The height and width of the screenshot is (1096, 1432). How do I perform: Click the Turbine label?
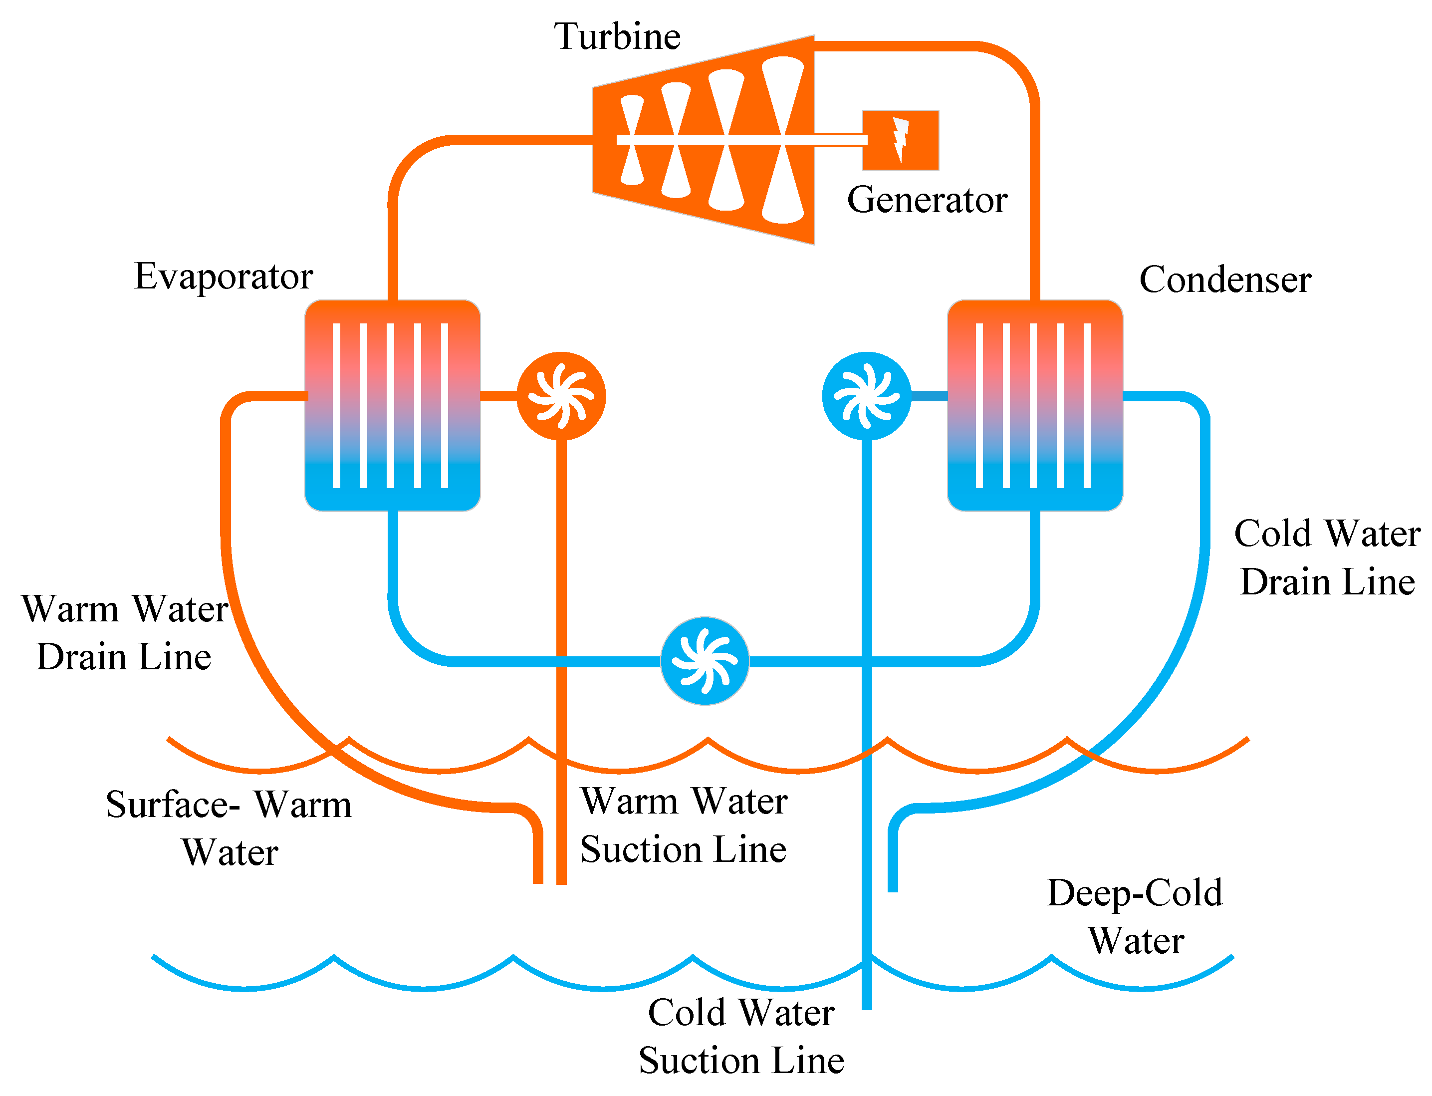[x=617, y=36]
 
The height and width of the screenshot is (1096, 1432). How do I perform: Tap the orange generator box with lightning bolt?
[x=900, y=140]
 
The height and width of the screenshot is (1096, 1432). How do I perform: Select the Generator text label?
[x=927, y=200]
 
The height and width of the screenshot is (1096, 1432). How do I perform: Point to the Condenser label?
[x=1224, y=280]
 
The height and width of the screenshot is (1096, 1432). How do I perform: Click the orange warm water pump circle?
[x=561, y=396]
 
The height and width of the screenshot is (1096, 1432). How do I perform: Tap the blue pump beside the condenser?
[x=866, y=396]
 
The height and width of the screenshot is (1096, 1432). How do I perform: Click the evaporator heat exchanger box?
[x=393, y=405]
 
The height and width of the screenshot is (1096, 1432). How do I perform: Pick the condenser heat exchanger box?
[x=1034, y=405]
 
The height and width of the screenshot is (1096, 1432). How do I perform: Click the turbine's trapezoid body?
[x=704, y=140]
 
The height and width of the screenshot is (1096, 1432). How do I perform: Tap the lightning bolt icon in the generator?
[x=901, y=140]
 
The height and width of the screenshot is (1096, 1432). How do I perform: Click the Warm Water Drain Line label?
[x=124, y=633]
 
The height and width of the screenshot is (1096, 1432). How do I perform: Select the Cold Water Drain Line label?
[x=1327, y=557]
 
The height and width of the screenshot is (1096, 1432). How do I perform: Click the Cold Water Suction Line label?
[x=741, y=1036]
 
